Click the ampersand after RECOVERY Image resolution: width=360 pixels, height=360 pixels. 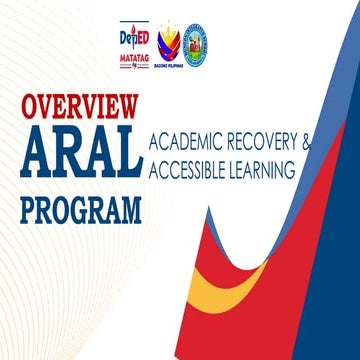[x=306, y=143]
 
